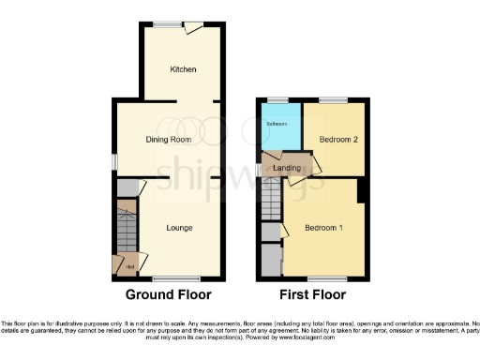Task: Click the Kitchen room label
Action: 182,70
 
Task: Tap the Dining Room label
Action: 169,139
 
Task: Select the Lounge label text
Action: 180,227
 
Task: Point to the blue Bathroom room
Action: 278,127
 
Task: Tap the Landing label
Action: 287,168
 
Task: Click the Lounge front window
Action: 171,278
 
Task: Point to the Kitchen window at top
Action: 169,24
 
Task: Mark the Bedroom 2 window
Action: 333,99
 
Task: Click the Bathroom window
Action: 277,99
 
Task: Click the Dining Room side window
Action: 114,161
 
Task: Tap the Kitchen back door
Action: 194,28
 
